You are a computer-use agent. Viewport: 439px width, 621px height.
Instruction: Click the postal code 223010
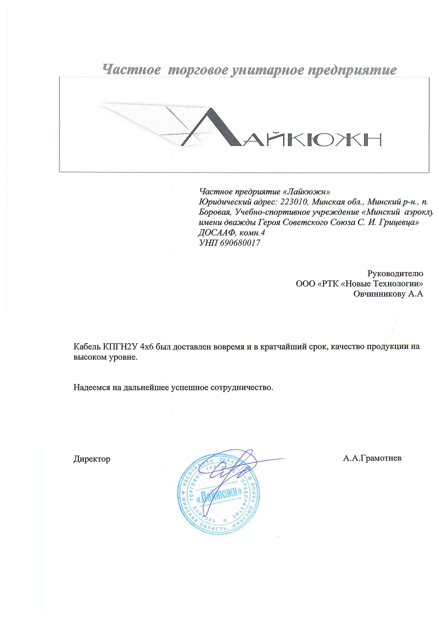point(294,202)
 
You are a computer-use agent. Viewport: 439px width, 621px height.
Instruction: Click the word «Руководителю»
point(395,273)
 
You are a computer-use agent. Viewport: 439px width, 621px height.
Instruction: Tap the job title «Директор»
point(92,459)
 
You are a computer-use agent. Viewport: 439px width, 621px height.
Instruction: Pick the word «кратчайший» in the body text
point(279,346)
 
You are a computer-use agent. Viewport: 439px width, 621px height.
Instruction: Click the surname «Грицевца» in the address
point(399,223)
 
